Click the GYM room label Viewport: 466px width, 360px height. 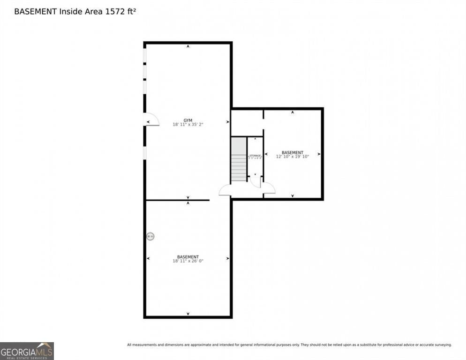[x=188, y=120]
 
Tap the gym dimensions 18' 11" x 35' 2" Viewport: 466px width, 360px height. [x=188, y=125]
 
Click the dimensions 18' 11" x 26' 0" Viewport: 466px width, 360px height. [x=188, y=261]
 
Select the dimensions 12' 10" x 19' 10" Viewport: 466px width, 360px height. [x=293, y=157]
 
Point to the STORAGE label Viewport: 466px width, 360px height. [x=255, y=155]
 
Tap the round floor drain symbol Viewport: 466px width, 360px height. [x=150, y=236]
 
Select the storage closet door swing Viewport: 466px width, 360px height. [x=256, y=182]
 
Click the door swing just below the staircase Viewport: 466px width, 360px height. [x=225, y=190]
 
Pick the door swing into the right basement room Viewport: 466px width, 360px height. [x=269, y=188]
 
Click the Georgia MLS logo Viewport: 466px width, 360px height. [x=27, y=351]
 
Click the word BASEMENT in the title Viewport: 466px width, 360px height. [x=35, y=11]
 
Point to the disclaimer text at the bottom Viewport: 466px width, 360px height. [x=289, y=345]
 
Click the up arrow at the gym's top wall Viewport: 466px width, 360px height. [x=188, y=46]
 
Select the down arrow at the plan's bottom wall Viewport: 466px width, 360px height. [x=188, y=314]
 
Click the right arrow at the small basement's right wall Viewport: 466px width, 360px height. [x=319, y=154]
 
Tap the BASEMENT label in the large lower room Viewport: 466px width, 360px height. [x=188, y=257]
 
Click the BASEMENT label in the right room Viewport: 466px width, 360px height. [x=293, y=152]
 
